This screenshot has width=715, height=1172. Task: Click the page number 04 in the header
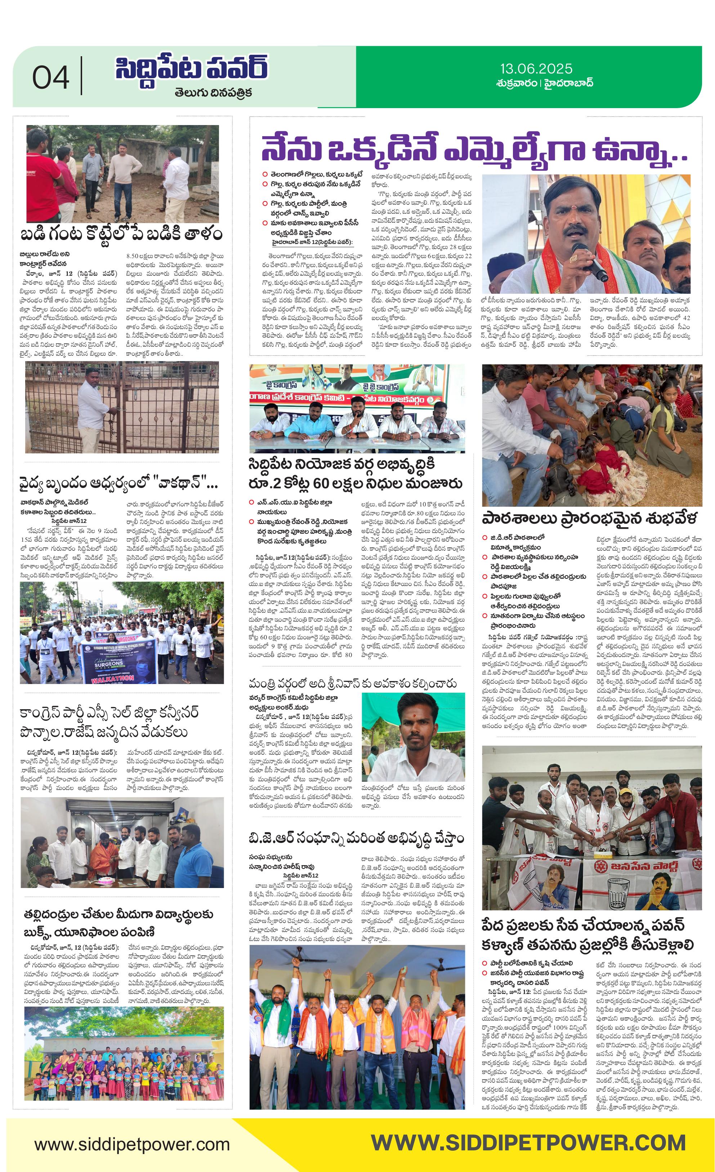(50, 77)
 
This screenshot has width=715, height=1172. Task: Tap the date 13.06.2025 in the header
(536, 69)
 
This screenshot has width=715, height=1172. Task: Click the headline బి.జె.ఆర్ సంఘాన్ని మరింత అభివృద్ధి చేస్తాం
(356, 838)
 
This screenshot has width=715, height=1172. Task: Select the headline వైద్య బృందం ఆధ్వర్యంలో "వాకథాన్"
(119, 484)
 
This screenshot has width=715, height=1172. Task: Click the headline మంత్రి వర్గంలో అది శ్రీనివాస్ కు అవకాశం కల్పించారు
(352, 684)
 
